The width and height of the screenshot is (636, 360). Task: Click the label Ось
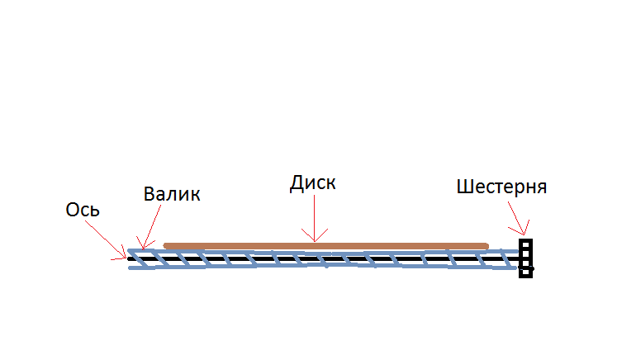[83, 210]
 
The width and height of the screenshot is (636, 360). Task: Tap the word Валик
[172, 194]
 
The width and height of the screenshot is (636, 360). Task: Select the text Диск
[313, 183]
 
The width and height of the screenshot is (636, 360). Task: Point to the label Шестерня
[501, 187]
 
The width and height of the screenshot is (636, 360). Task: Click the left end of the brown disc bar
[165, 246]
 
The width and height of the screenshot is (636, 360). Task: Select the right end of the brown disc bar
[486, 246]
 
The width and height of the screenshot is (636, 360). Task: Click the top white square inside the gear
[525, 245]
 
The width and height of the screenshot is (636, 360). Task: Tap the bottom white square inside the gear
[525, 272]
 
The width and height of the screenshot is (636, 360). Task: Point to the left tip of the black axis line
[129, 258]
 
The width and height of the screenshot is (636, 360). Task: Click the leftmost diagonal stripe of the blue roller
[139, 258]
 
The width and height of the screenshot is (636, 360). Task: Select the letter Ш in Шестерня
[463, 187]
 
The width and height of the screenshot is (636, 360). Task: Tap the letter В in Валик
[150, 194]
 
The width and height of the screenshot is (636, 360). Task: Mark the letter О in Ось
[72, 210]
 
